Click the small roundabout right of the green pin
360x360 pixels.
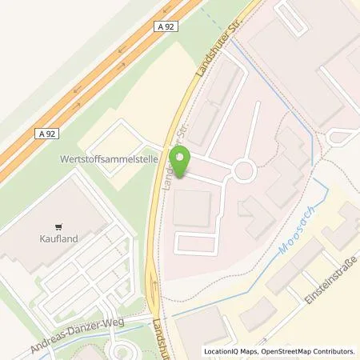click(243, 170)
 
